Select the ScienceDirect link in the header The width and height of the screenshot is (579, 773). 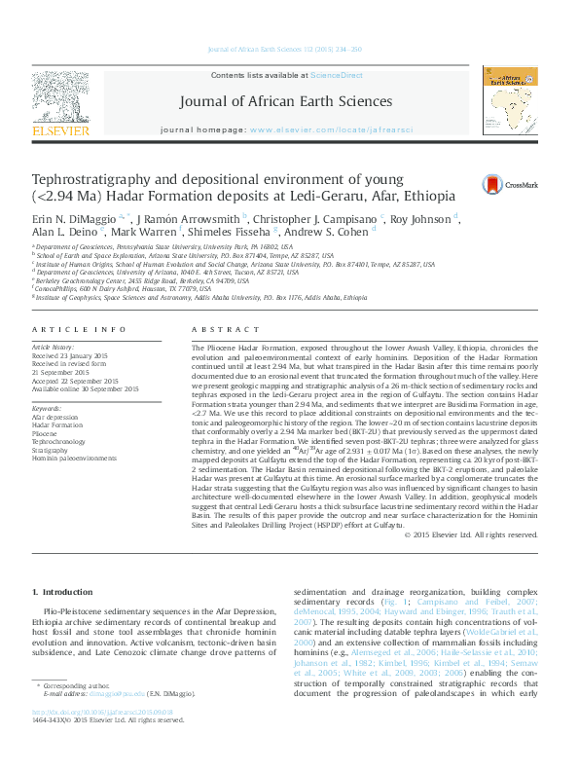(x=337, y=75)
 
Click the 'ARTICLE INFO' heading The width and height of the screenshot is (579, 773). (x=79, y=331)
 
